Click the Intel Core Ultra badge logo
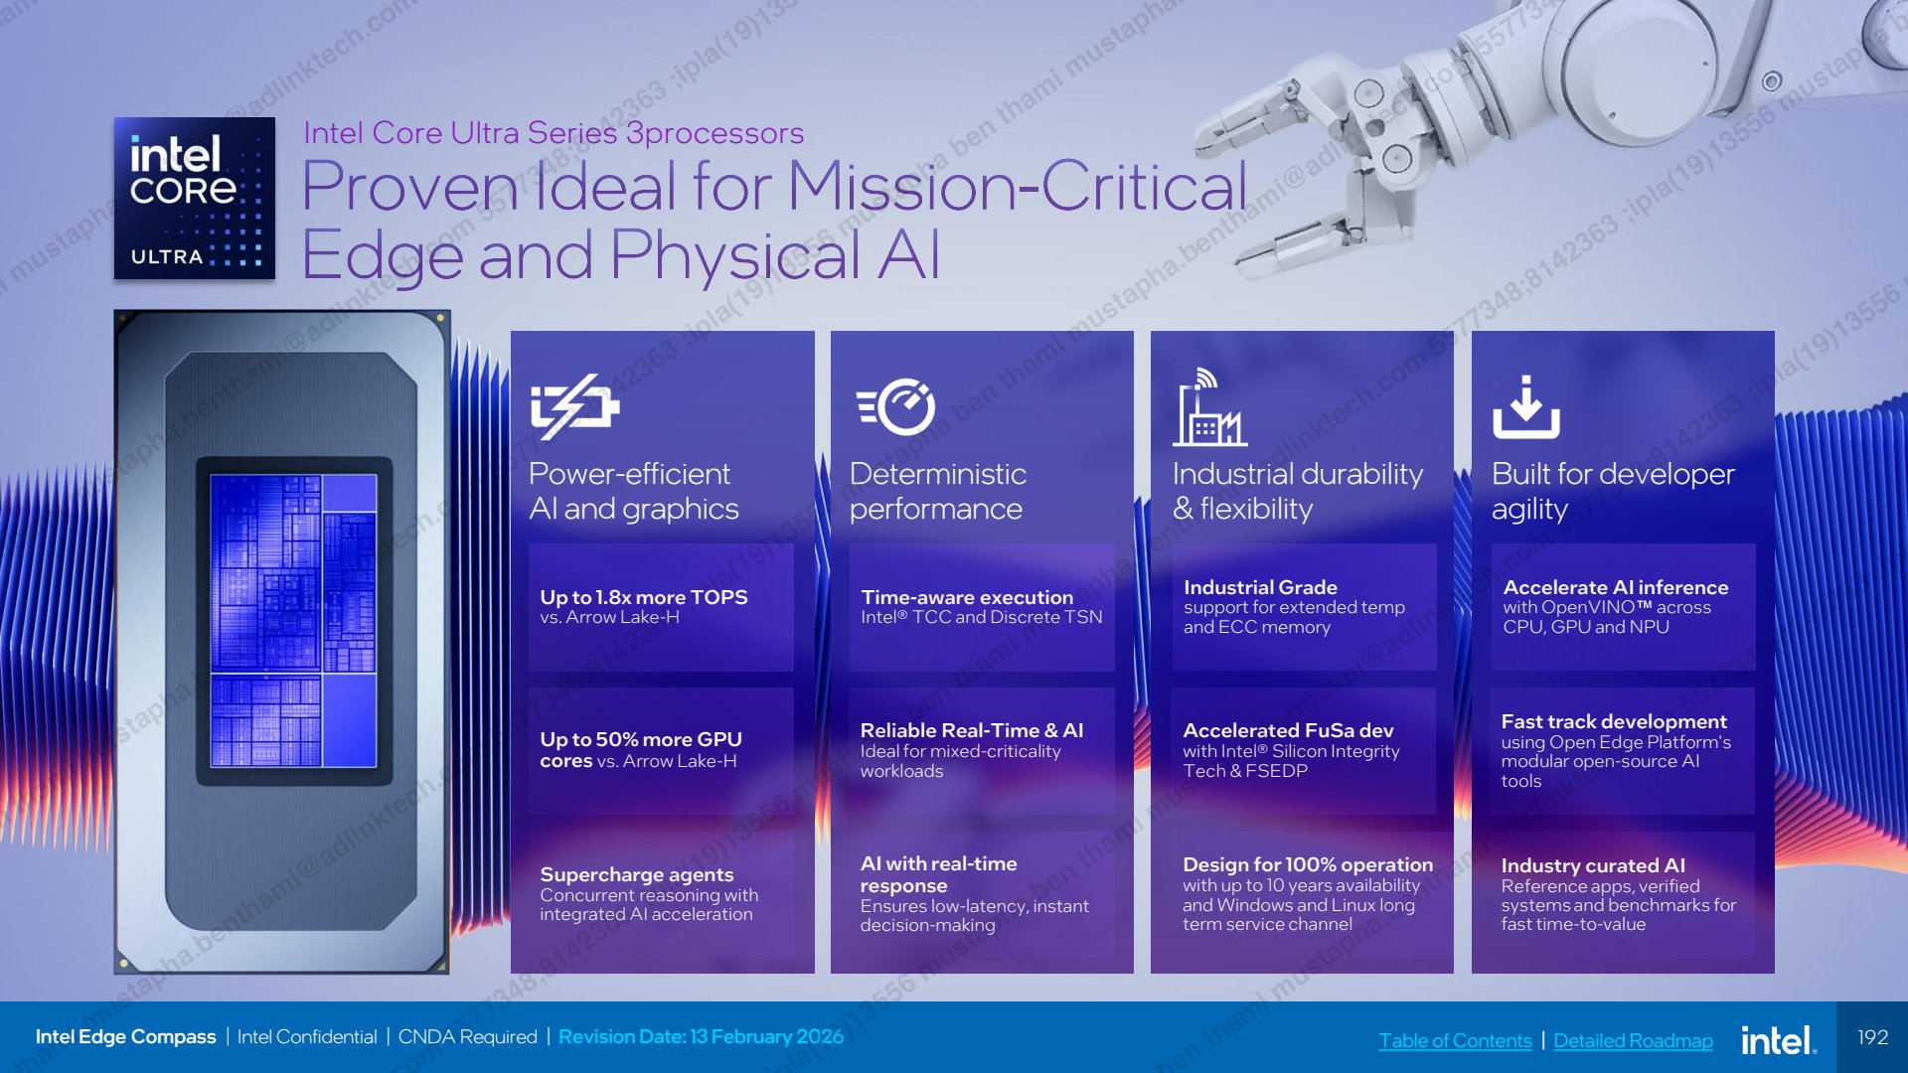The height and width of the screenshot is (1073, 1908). [x=195, y=198]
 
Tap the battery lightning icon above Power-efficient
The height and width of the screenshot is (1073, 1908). [x=575, y=406]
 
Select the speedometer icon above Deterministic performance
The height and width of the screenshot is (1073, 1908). [x=896, y=406]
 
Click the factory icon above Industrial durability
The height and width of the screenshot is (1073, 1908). [x=1209, y=406]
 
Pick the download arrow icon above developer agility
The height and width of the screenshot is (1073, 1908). [x=1526, y=406]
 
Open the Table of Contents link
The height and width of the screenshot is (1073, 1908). [x=1455, y=1040]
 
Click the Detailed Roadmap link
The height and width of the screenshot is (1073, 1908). [x=1633, y=1040]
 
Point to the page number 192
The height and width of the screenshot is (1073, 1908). [x=1873, y=1037]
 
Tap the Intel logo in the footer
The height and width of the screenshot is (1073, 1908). [x=1779, y=1039]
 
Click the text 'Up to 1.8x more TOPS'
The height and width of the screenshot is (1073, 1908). [x=644, y=597]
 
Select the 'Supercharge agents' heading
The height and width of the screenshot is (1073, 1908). [x=637, y=874]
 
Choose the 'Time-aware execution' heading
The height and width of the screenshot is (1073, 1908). [x=967, y=597]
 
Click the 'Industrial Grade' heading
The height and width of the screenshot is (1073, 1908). [x=1260, y=587]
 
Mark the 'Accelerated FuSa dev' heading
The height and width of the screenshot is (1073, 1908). [x=1288, y=730]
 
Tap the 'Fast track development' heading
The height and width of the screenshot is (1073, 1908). [x=1614, y=721]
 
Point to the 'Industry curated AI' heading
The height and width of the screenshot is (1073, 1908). [x=1593, y=865]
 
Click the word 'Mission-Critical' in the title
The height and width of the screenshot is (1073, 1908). [x=1018, y=186]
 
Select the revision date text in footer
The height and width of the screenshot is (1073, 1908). [x=701, y=1036]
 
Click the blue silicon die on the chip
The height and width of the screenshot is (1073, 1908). [x=293, y=621]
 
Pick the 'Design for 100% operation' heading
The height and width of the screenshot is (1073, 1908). [x=1308, y=864]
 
